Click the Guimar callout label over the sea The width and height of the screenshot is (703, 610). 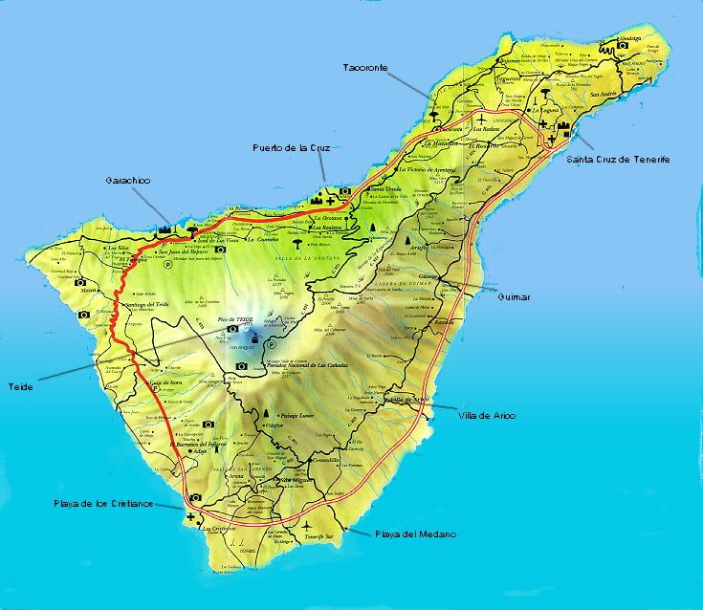pos(513,297)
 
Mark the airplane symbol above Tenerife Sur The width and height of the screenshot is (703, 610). pos(305,527)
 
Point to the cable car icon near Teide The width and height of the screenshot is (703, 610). pos(255,338)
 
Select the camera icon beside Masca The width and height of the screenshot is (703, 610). pos(81,283)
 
